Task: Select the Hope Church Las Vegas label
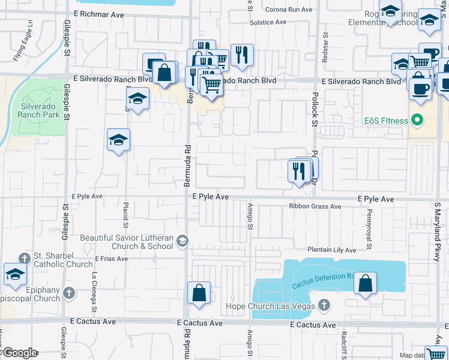[270, 306]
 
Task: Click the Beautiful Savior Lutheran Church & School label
[126, 241]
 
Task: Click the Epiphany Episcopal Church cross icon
[69, 293]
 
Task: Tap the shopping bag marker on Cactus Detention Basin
[365, 282]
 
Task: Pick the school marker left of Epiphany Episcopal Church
[15, 274]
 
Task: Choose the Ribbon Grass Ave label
[315, 206]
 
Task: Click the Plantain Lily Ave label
[332, 250]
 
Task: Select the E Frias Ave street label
[112, 259]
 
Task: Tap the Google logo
[19, 353]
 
